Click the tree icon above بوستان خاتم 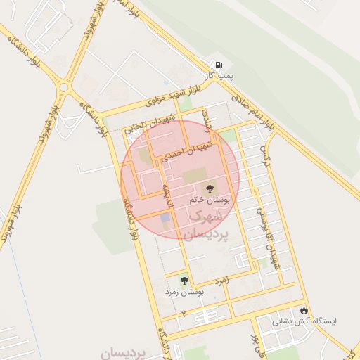[209, 188]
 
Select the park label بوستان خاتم [208, 200]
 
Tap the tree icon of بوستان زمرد [184, 281]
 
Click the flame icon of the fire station [304, 310]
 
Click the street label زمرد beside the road [223, 281]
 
